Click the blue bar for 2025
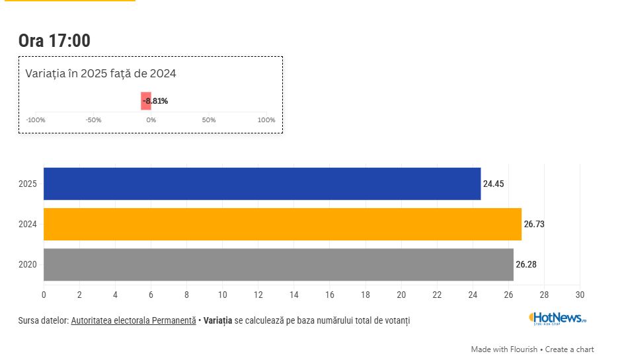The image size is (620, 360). [x=262, y=184]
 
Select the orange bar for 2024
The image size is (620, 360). [x=282, y=224]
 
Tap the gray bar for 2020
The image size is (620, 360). [x=278, y=264]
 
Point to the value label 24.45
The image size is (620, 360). [x=493, y=184]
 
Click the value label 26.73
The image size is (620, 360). [x=534, y=224]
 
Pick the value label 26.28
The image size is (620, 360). [x=526, y=264]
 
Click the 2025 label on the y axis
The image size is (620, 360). [x=28, y=184]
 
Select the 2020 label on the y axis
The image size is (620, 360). [x=28, y=265]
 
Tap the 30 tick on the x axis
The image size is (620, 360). [x=580, y=294]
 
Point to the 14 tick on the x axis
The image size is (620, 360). [x=293, y=294]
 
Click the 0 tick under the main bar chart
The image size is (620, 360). [x=44, y=294]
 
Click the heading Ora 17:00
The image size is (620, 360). [x=54, y=40]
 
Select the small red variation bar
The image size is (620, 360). [x=146, y=101]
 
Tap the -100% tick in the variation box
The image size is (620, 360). [x=35, y=120]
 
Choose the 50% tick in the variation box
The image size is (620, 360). [x=209, y=120]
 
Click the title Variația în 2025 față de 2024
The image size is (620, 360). [x=100, y=73]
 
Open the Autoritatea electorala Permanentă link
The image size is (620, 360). [x=133, y=320]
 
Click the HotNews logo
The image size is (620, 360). [x=557, y=318]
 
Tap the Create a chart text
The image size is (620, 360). [x=569, y=349]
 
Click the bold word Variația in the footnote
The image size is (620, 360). [x=218, y=320]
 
